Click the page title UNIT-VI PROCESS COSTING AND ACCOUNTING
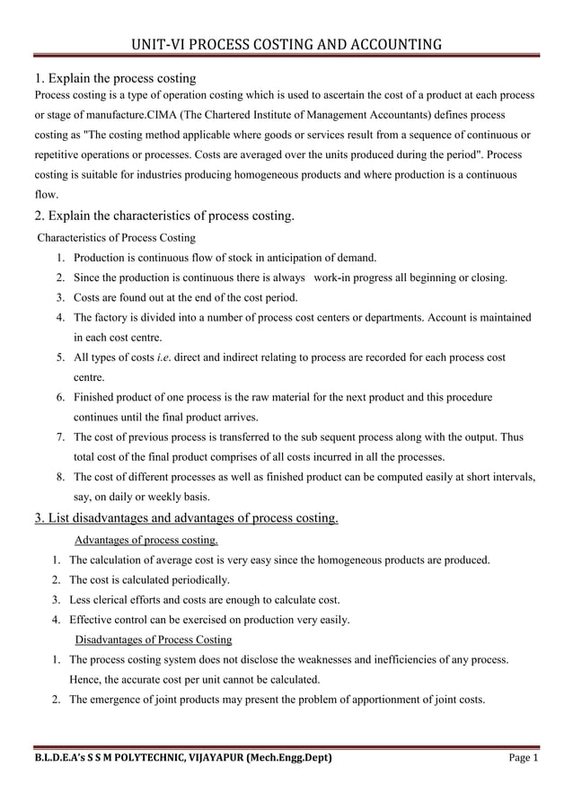286,44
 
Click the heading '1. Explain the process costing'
115,78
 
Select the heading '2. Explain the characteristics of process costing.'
163,216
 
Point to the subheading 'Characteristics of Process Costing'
116,238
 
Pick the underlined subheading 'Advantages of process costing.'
145,540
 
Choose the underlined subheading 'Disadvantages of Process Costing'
154,639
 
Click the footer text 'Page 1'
523,758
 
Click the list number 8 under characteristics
59,477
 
